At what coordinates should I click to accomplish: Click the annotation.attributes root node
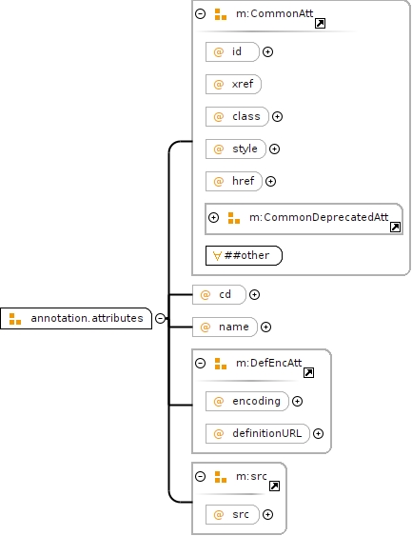point(76,318)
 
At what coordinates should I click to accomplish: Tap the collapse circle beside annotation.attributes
point(160,318)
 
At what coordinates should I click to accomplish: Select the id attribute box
point(232,52)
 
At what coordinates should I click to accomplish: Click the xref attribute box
point(233,84)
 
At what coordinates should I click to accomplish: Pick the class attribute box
point(237,116)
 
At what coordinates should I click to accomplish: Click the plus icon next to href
point(270,181)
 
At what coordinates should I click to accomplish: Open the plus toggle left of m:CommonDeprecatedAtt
point(213,217)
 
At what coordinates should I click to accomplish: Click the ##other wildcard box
point(244,255)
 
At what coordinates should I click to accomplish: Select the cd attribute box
point(219,295)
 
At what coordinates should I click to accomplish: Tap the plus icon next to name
point(265,328)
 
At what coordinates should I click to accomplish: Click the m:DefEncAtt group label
point(269,363)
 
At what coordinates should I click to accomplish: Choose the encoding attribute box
point(247,402)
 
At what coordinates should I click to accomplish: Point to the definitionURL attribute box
point(258,434)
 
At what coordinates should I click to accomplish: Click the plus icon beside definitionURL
point(318,434)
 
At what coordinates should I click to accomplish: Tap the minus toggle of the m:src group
point(200,477)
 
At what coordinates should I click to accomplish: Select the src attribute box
point(232,514)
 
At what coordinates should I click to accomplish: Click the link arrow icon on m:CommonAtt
point(320,23)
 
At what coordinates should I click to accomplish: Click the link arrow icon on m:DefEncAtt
point(309,372)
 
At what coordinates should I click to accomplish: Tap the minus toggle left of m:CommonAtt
point(200,13)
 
